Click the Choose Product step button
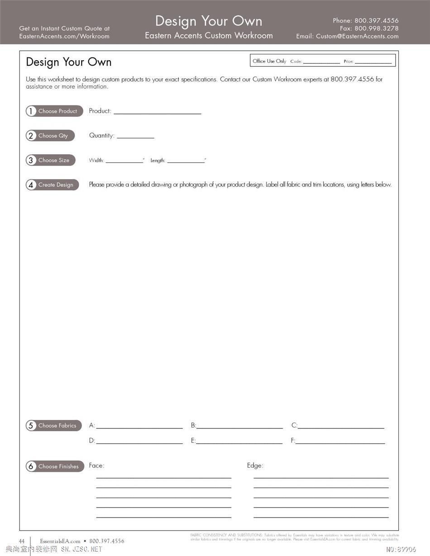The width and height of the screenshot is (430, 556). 54,111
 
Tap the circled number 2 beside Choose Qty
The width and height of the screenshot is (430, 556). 31,136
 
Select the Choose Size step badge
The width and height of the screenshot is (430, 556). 50,160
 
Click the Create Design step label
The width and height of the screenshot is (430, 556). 56,185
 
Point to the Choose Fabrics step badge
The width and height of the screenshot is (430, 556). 54,425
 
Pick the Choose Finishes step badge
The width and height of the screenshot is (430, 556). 55,466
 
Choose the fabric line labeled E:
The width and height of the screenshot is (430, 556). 239,442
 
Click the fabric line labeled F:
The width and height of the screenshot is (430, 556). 340,442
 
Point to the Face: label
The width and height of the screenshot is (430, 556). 96,466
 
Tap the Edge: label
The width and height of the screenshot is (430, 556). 255,466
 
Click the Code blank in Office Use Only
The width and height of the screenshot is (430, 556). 321,62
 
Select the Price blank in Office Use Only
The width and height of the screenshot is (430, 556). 373,62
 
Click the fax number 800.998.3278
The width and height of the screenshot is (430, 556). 376,28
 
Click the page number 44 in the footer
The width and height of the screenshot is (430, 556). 22,541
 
